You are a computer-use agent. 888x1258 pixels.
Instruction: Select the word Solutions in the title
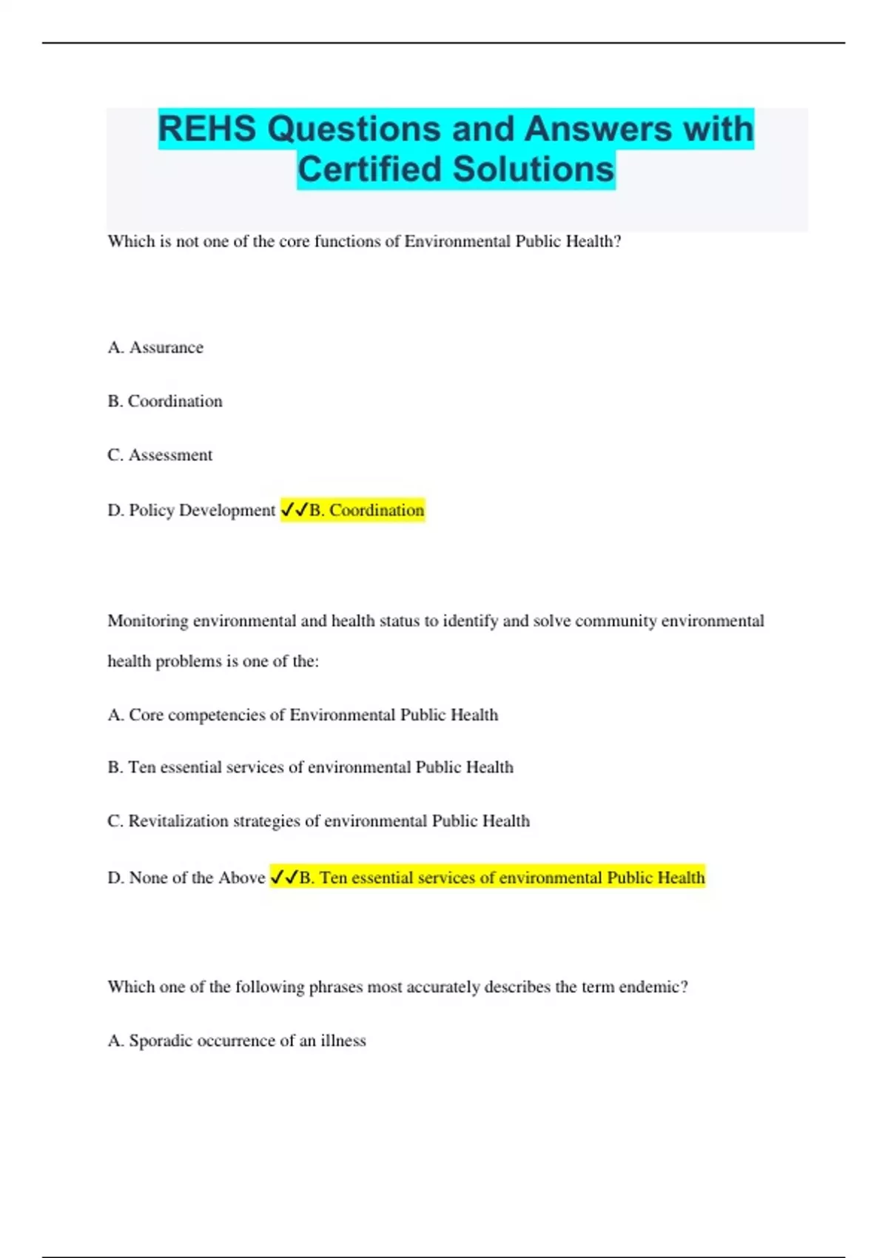pos(533,169)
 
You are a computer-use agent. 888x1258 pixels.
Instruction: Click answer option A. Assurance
pos(155,348)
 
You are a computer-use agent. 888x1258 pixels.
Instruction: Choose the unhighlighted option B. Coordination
pos(165,401)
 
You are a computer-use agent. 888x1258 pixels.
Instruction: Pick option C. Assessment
pos(160,455)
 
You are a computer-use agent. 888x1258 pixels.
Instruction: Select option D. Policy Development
pos(191,511)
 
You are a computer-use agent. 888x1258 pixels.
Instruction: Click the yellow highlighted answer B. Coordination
pos(366,511)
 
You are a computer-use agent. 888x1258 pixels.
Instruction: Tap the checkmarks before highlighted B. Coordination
pos(295,510)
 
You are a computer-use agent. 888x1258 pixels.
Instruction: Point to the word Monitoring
pos(148,621)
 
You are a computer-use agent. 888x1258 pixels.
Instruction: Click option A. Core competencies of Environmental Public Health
pos(303,715)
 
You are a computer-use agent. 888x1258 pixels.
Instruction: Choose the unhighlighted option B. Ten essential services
pos(310,767)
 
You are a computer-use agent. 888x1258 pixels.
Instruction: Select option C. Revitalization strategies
pos(318,821)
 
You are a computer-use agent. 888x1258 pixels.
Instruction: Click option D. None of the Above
pos(186,878)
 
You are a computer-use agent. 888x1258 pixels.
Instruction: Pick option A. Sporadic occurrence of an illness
pos(237,1041)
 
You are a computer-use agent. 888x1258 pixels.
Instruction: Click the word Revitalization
pos(178,821)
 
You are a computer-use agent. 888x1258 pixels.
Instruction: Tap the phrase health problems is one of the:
pos(213,662)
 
